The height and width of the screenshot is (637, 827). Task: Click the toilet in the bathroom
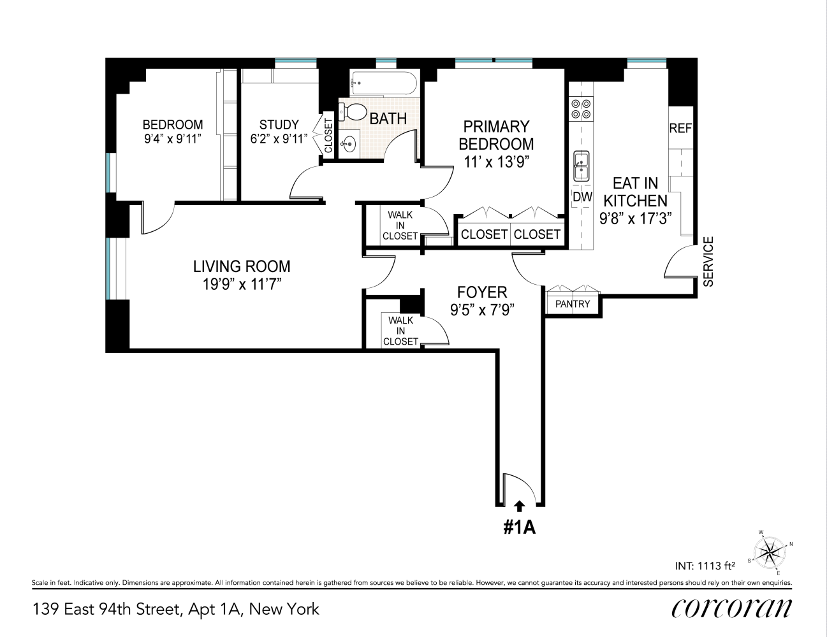point(353,112)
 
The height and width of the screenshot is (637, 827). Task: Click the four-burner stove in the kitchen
point(581,108)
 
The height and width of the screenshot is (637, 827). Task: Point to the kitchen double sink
point(581,167)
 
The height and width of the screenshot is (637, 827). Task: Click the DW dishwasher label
point(582,197)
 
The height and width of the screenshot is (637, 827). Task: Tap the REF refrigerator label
point(680,128)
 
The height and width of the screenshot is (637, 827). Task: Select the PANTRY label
point(573,304)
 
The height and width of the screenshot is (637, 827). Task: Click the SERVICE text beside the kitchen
point(708,261)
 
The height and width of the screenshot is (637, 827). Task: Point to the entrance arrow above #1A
point(520,505)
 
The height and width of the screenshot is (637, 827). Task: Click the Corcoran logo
point(731,608)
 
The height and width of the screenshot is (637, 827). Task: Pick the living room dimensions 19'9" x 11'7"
point(242,284)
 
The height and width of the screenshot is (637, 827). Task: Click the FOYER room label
point(482,292)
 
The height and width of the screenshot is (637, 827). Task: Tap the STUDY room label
point(279,125)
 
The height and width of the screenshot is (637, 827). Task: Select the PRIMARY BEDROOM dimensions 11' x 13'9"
point(497,162)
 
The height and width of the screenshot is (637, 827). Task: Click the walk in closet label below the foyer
point(400,331)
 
